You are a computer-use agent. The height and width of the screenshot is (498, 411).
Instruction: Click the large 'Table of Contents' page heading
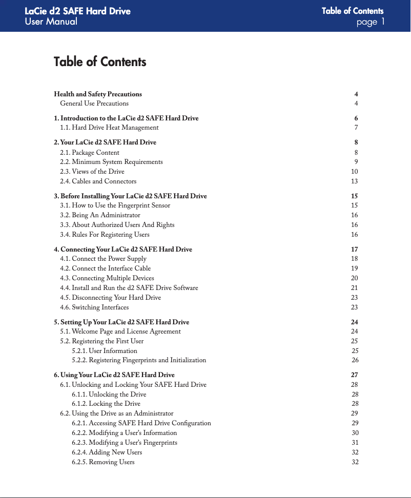pos(100,62)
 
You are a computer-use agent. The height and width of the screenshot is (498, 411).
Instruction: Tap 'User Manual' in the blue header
pos(51,22)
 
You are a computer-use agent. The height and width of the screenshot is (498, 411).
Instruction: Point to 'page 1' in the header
pos(370,22)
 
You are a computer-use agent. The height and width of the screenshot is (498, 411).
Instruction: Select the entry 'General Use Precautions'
pos(94,103)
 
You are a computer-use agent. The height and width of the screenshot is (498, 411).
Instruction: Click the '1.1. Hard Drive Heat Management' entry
pos(109,128)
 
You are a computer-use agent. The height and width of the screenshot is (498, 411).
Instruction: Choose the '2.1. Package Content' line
pos(90,152)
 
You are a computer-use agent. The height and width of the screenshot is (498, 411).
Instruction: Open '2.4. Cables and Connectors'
pos(98,181)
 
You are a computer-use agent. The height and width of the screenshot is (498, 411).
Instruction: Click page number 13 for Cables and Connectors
pos(354,181)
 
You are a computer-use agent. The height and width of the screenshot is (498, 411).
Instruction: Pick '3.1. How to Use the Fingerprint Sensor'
pos(115,205)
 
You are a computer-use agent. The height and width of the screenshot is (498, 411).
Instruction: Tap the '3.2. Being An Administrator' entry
pos(100,215)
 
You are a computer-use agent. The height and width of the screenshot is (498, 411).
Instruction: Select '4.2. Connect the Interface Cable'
pos(106,268)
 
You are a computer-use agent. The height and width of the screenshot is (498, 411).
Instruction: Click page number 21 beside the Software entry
pos(354,288)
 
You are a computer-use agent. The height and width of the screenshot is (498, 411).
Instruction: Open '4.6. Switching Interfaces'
pos(94,307)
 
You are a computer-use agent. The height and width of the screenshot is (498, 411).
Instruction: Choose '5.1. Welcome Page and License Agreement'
pos(120,331)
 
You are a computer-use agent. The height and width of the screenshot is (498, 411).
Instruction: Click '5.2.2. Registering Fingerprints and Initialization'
pos(139,361)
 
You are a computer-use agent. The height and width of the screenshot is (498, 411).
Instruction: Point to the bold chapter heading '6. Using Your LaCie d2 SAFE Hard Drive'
pos(114,375)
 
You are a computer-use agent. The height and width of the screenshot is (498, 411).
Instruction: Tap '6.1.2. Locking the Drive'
pos(106,404)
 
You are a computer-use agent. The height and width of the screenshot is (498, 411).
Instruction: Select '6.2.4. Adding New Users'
pos(107,452)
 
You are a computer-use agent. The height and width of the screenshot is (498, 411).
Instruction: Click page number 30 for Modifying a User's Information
pos(355,433)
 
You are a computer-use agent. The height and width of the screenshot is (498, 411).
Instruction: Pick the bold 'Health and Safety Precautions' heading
pos(98,94)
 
